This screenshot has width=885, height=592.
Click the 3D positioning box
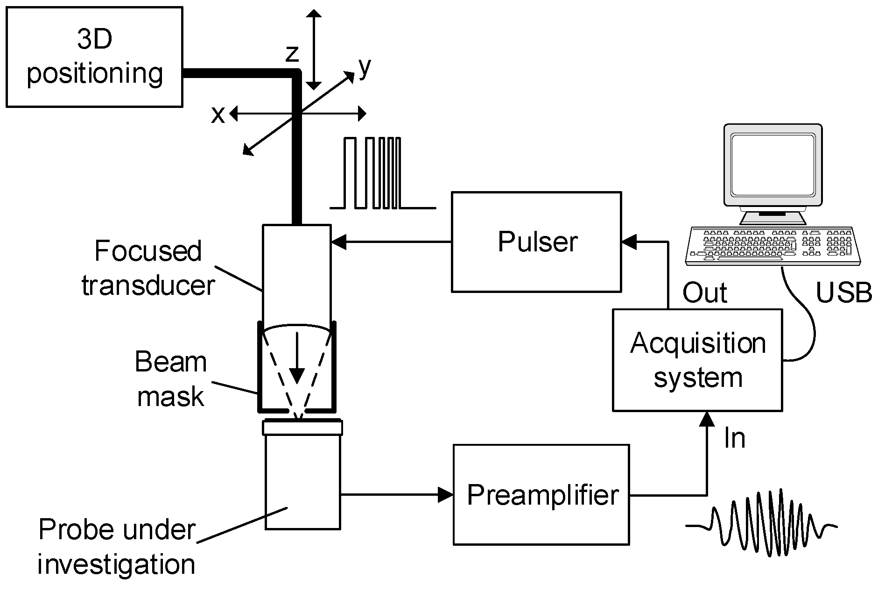94,57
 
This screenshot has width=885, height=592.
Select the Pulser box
536,242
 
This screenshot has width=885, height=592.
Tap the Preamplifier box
541,494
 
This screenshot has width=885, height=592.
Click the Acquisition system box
697,360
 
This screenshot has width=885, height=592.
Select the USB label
843,293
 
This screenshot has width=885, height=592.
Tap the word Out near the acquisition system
704,293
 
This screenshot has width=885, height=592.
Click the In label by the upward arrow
734,438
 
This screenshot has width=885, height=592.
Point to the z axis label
292,53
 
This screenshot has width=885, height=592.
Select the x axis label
218,114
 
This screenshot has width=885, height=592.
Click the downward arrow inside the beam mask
296,360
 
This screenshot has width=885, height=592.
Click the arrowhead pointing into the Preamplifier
445,494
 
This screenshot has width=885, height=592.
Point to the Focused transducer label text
148,267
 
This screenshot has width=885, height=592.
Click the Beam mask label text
171,379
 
